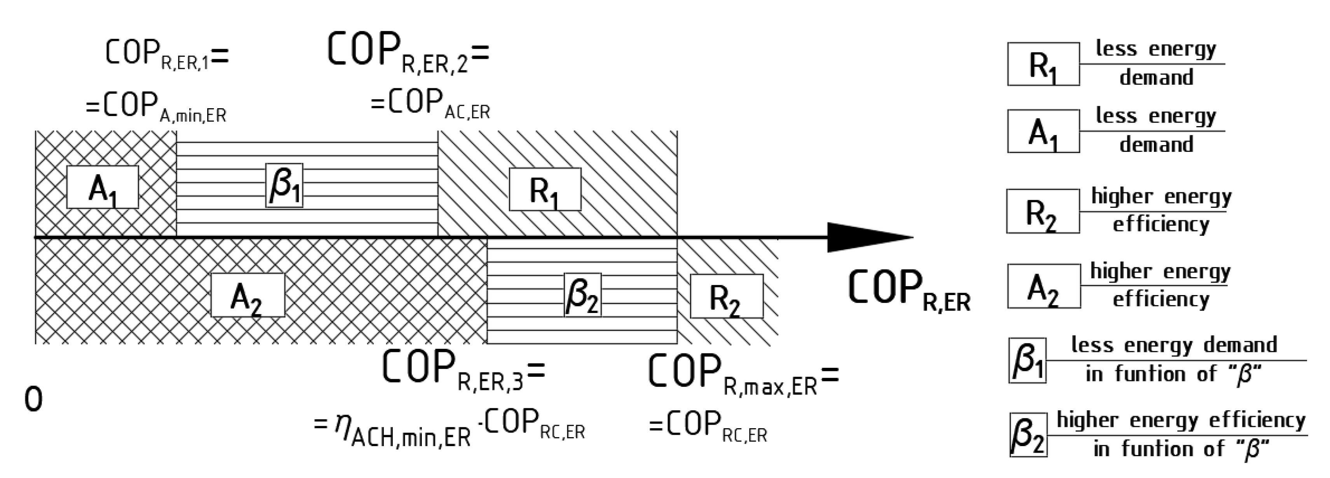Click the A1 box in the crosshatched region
(x=102, y=187)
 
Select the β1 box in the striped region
(x=284, y=186)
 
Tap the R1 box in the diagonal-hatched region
(x=545, y=189)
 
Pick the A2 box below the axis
(x=247, y=295)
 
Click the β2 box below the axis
(x=582, y=295)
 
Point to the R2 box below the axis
(x=727, y=296)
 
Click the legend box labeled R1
(x=1043, y=64)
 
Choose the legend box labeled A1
(x=1043, y=131)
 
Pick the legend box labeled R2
(x=1043, y=211)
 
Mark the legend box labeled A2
(x=1043, y=286)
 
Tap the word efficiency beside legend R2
(x=1160, y=225)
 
